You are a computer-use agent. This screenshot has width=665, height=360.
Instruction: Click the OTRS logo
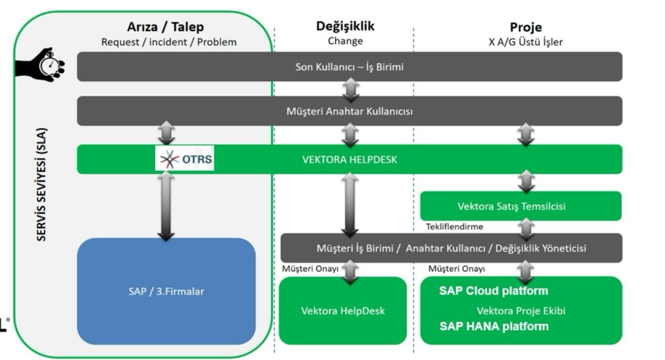(x=185, y=160)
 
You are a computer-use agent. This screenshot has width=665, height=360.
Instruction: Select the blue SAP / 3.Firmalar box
(x=166, y=291)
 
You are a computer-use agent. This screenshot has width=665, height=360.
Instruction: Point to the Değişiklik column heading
(x=345, y=26)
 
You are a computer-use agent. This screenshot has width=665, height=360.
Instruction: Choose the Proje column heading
(x=525, y=27)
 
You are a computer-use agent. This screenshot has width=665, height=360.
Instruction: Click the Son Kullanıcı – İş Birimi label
(x=349, y=67)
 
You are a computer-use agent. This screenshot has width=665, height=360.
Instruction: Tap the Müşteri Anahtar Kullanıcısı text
(x=349, y=111)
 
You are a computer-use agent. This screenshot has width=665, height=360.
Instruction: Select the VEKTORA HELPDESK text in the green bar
(x=350, y=160)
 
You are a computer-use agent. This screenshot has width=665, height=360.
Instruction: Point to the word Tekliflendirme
(x=454, y=227)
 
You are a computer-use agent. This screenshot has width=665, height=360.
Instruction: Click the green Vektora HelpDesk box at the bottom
(x=342, y=310)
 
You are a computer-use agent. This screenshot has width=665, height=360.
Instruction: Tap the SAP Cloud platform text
(x=493, y=291)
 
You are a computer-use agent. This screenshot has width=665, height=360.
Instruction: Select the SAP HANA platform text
(x=494, y=326)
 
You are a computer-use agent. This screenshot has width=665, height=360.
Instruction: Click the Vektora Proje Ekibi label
(x=521, y=311)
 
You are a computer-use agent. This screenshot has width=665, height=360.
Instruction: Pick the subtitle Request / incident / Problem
(x=169, y=42)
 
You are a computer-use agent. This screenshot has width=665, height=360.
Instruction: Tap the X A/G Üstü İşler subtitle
(x=525, y=42)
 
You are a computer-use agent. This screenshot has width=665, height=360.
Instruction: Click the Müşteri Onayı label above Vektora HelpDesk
(x=306, y=269)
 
